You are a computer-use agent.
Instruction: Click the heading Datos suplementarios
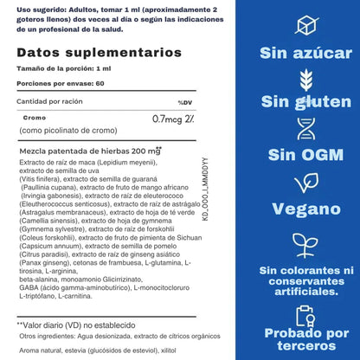[74, 53]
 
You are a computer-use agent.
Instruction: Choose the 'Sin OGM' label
[305, 155]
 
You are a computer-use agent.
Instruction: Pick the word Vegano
[305, 208]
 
